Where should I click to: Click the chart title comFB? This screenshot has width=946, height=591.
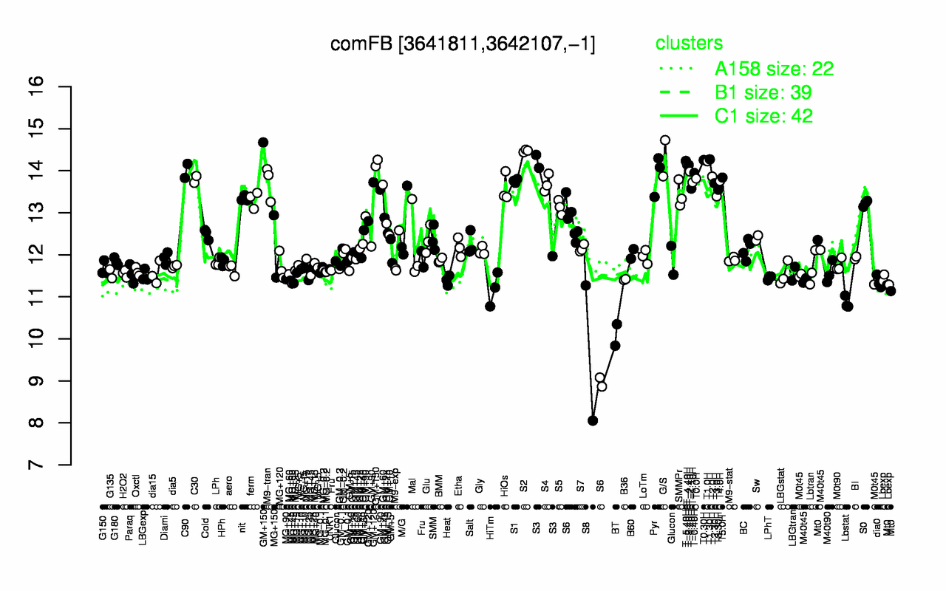(x=463, y=44)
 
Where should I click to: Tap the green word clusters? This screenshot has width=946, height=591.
(x=689, y=44)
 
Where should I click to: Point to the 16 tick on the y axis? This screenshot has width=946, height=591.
(x=58, y=87)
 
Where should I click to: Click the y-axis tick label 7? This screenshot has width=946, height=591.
(x=58, y=465)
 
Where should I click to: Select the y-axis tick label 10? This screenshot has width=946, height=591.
(x=58, y=339)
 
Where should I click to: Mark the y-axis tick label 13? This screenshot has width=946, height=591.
(x=58, y=213)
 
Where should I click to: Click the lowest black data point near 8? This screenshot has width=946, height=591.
(x=593, y=420)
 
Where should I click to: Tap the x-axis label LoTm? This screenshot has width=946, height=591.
(x=645, y=487)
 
